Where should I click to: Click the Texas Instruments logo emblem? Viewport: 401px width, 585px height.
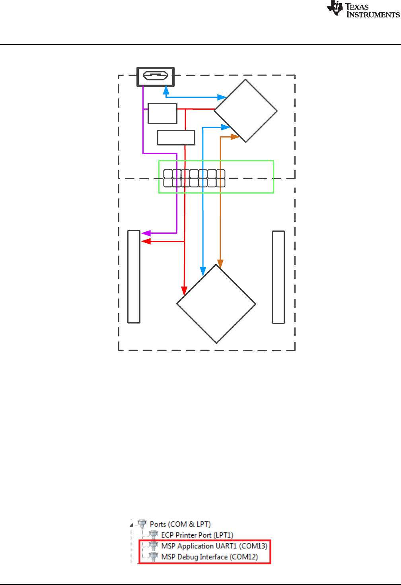[x=335, y=8]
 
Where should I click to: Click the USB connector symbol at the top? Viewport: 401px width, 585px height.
[x=156, y=76]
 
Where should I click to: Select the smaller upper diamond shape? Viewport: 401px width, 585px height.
[x=245, y=111]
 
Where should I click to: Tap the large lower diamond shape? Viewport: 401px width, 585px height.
[x=216, y=304]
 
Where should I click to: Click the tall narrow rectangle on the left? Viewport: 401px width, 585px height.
[x=134, y=277]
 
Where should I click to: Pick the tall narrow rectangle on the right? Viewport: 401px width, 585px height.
[x=278, y=277]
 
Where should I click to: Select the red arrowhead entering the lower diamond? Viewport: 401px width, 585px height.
[x=184, y=291]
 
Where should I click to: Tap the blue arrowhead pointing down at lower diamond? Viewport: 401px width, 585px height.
[x=203, y=271]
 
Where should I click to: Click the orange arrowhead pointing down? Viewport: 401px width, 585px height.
[x=220, y=264]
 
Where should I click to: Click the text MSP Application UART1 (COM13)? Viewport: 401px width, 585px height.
[x=214, y=546]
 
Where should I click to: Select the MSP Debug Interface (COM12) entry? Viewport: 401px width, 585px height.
[x=209, y=557]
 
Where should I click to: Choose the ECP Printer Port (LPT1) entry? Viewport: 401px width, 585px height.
[x=197, y=535]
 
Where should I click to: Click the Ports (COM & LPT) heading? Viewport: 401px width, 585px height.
[x=180, y=524]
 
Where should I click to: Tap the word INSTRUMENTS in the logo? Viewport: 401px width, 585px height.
[x=373, y=15]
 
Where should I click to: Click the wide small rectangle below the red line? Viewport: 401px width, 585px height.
[x=176, y=138]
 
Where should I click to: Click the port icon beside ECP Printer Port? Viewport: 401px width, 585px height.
[x=154, y=535]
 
